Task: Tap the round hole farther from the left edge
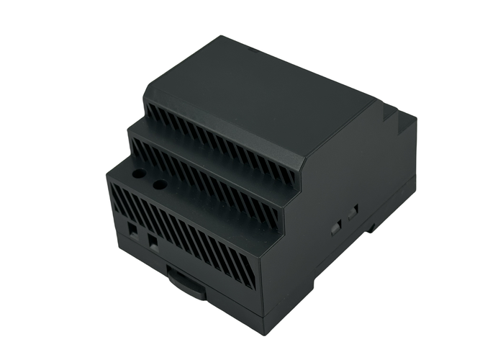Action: tap(160, 185)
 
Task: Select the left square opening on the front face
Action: tap(134, 229)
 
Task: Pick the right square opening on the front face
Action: tap(153, 241)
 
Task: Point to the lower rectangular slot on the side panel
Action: tap(335, 228)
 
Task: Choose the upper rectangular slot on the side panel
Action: tap(353, 212)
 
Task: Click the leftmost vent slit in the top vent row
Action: tap(150, 111)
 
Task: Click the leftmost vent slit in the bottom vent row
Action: tap(116, 195)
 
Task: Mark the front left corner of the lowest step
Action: tap(108, 173)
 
